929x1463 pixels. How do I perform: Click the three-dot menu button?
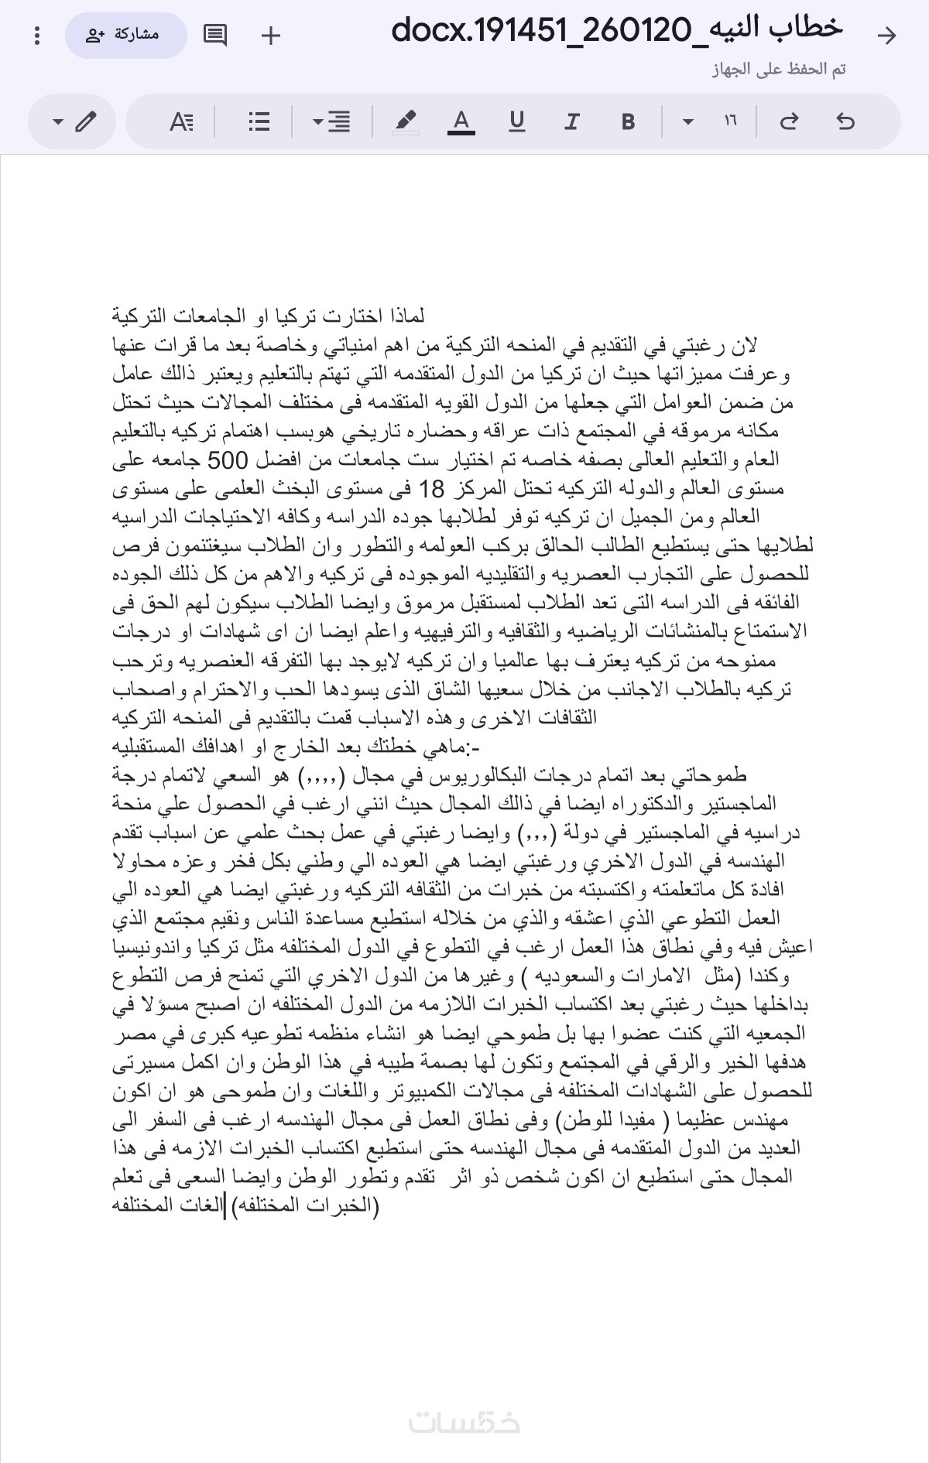coord(37,36)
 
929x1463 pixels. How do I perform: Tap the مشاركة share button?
coord(126,36)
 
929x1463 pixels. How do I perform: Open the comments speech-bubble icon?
coord(214,36)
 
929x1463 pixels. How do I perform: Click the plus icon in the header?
coord(271,36)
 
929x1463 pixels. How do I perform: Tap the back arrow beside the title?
coord(886,36)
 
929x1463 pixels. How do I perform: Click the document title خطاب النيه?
coord(616,30)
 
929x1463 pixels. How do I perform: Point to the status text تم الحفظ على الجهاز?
coord(778,70)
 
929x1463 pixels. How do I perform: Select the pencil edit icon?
coord(85,121)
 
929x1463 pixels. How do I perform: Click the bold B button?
coord(628,121)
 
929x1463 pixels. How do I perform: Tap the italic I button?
coord(571,121)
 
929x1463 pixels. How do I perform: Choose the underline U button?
coord(516,121)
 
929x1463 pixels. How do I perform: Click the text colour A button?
coord(461,121)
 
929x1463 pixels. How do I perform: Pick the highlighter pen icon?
coord(405,121)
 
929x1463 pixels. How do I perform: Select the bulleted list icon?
coord(259,121)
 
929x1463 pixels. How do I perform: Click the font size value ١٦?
coord(730,121)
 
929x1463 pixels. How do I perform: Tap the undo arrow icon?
coord(845,121)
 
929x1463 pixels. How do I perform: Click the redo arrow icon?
coord(789,121)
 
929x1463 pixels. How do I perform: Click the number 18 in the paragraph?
coord(432,490)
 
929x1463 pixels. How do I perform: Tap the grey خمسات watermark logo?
coord(464,1422)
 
